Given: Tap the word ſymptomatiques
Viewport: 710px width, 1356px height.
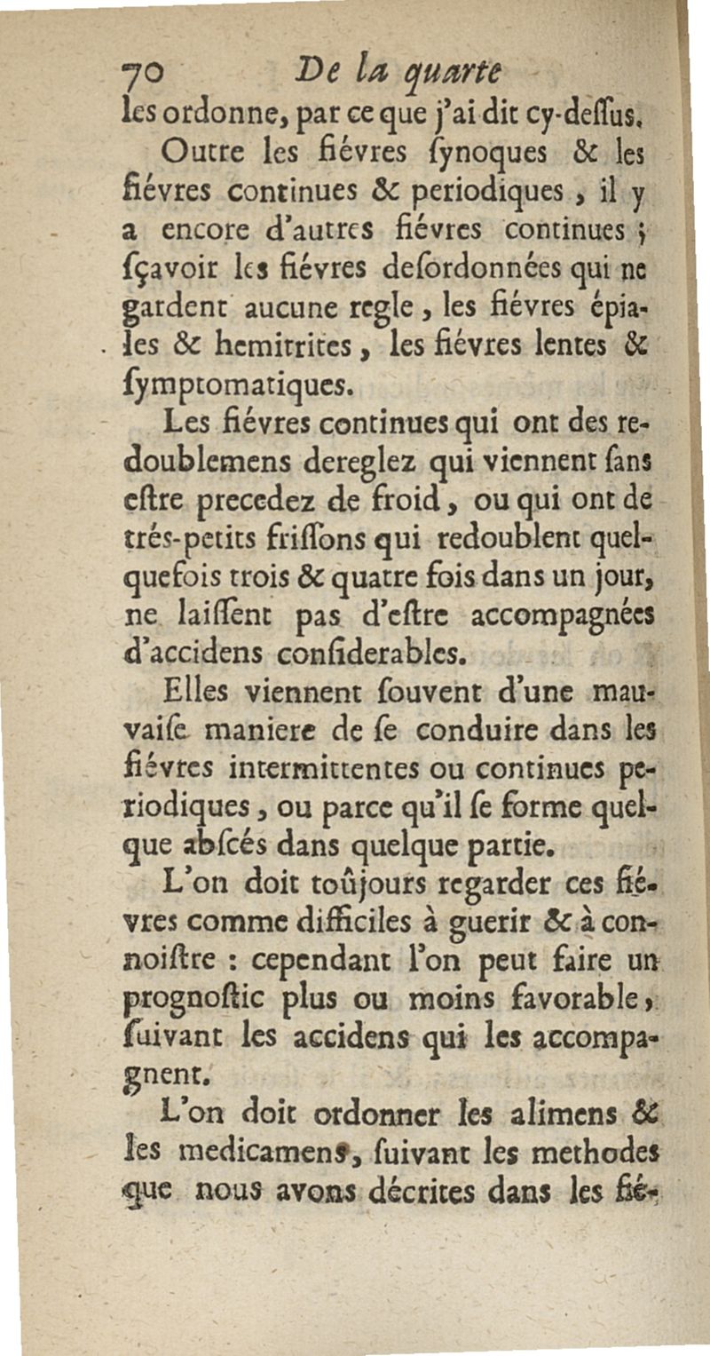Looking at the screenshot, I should click(x=238, y=384).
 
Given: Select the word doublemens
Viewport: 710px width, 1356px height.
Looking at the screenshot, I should click(x=233, y=462).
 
